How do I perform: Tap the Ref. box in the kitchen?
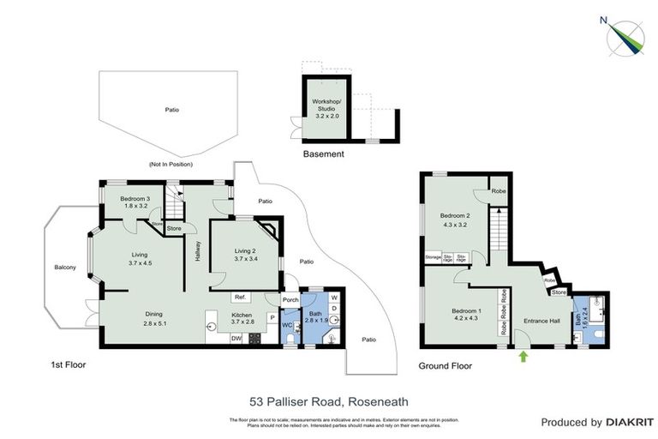pos(240,298)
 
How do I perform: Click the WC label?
pos(287,326)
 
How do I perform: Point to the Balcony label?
pos(65,268)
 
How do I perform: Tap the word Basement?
pos(324,155)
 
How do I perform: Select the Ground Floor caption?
pos(445,365)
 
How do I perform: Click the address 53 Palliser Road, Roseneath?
pos(329,400)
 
